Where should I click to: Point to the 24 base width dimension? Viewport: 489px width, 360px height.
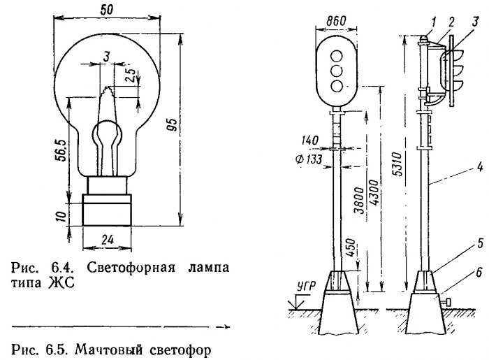[x=107, y=238]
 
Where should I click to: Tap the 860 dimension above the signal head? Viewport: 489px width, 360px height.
[x=337, y=22]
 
